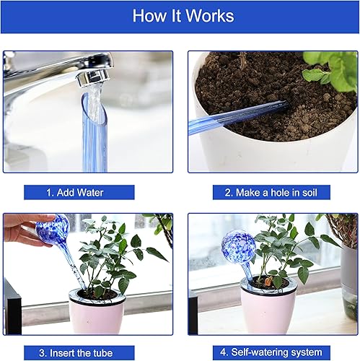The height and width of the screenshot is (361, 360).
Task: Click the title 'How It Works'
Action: (x=180, y=16)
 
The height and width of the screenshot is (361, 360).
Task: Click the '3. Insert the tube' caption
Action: (x=76, y=353)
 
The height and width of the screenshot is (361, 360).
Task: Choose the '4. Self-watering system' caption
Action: (x=271, y=353)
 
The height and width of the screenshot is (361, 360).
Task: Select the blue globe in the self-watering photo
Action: (x=237, y=247)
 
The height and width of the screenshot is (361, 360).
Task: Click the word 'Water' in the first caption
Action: (x=90, y=193)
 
